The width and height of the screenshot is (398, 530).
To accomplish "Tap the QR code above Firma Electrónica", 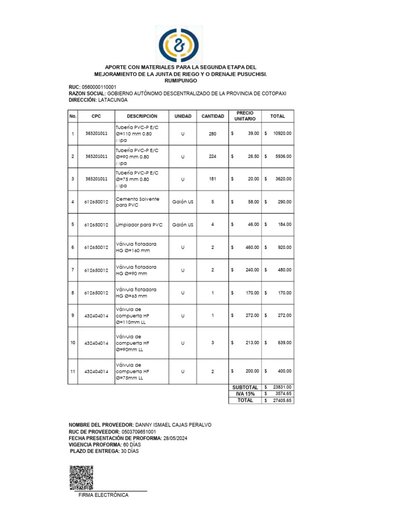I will [x=81, y=477].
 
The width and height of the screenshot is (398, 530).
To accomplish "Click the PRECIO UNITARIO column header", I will [x=245, y=116].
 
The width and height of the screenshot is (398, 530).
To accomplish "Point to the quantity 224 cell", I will [x=212, y=156].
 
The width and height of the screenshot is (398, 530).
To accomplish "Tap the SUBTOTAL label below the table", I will [x=245, y=387].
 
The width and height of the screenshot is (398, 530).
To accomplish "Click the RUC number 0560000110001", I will [x=99, y=87].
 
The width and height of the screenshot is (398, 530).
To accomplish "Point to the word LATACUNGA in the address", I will [x=113, y=99].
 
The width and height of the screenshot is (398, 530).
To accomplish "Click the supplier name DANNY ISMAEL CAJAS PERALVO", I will [x=173, y=425].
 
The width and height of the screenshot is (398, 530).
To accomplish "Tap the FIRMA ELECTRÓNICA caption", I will [x=103, y=495].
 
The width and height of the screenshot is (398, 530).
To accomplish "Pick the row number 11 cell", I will [x=73, y=372].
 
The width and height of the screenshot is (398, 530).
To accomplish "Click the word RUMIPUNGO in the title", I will [x=180, y=81].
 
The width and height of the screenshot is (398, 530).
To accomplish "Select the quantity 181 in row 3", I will [x=212, y=179].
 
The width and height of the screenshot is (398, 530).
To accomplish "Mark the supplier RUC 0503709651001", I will [x=138, y=432].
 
